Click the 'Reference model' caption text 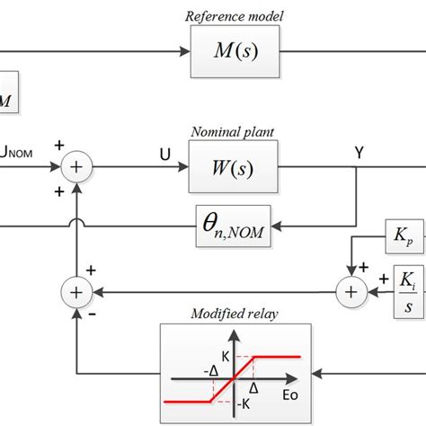coord(233,15)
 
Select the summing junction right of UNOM coord(79,166)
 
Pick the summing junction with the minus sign coord(79,267)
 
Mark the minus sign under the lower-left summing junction coord(64,289)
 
